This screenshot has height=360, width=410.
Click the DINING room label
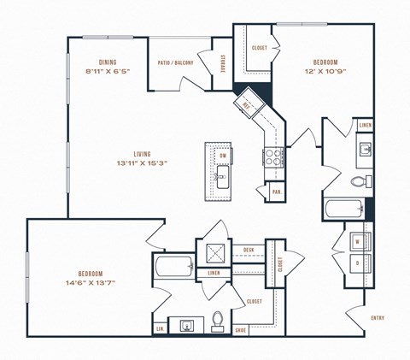pos(107,62)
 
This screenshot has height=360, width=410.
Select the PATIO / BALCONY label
pos(176,62)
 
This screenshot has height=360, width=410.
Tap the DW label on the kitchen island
pos(222,156)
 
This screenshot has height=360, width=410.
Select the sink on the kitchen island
pos(222,180)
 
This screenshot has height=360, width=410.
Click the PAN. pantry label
pos(277,192)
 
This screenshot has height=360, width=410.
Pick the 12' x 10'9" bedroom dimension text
pos(324,74)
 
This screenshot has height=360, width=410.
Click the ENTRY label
pos(377,318)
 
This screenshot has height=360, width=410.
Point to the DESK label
pos(249,250)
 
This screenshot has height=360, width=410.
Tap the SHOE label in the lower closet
pos(241,328)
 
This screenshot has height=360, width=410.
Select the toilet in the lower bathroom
pos(217,322)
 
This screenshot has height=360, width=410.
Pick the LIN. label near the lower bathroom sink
pos(160,328)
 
